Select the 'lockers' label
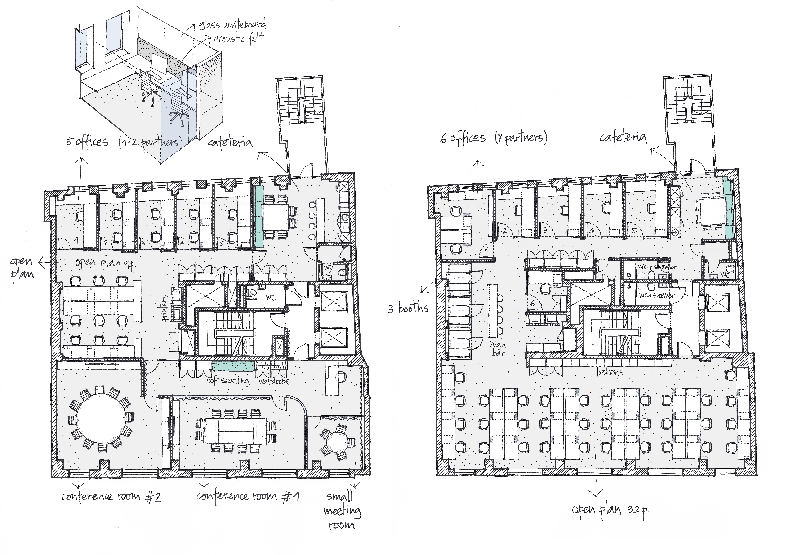click(x=610, y=372)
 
